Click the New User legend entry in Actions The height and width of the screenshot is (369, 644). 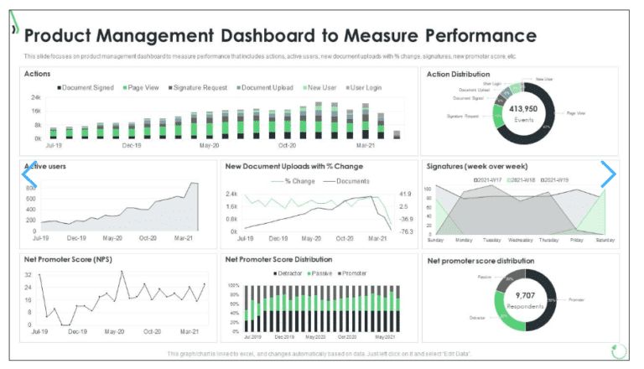[x=320, y=87]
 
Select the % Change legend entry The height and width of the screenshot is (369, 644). [x=299, y=181]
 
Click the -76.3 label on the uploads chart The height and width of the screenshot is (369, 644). [x=406, y=231]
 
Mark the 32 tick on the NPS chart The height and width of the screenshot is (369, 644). [x=29, y=274]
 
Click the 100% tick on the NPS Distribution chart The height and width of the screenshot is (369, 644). [x=234, y=285]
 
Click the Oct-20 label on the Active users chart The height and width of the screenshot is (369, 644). [x=148, y=238]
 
